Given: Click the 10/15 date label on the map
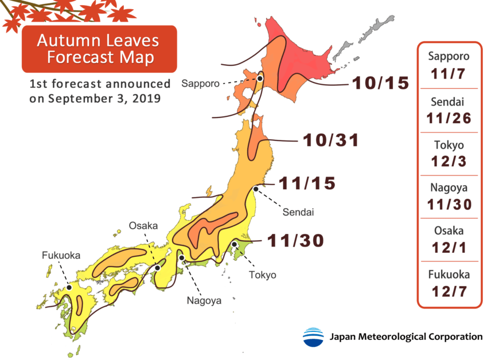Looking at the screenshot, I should tap(380, 84).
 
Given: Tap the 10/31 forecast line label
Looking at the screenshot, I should tap(330, 140).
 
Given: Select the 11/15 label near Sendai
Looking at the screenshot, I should tap(307, 184).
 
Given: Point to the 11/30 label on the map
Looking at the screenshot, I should tap(294, 241).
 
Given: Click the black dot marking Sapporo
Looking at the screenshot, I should tap(260, 79).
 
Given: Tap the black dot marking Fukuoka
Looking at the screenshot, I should tap(68, 287).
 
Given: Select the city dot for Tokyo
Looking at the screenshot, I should tap(235, 245).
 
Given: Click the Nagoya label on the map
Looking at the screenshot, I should tap(203, 299).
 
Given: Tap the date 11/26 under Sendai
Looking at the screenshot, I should tap(449, 118).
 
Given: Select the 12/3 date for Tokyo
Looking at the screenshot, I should tap(449, 162).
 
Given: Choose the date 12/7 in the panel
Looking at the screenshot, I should tap(449, 291).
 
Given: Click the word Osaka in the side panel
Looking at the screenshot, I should tap(449, 232).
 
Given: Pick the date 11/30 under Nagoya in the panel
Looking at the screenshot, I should tap(449, 204).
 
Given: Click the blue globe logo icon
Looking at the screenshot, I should tap(313, 337).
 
